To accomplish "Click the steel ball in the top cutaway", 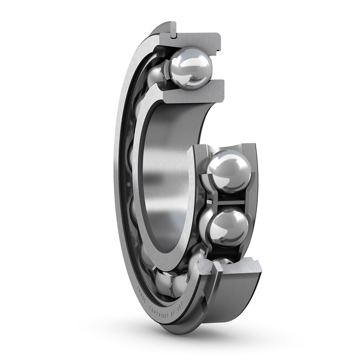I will click(x=190, y=68).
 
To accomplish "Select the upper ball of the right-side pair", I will click(x=228, y=171).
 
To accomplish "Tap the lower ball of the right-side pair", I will click(x=229, y=227).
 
